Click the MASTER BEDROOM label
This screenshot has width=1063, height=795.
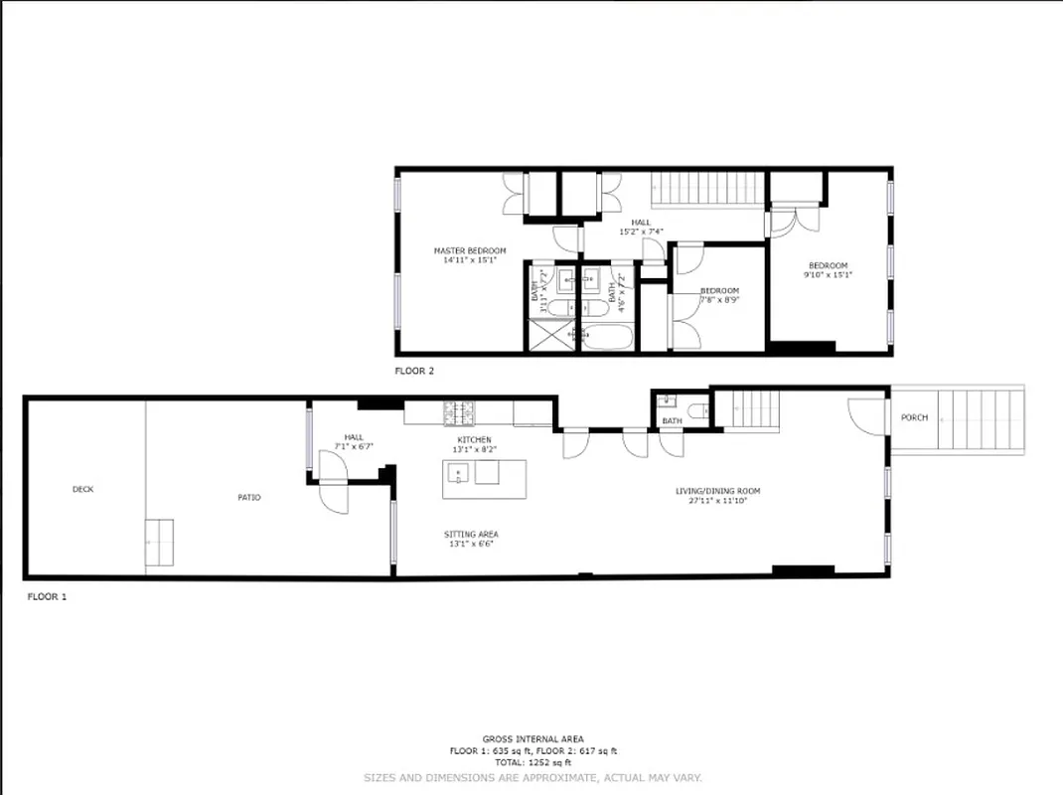pyautogui.click(x=470, y=250)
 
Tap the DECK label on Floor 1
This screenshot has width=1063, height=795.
pyautogui.click(x=82, y=489)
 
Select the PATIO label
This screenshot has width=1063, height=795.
pyautogui.click(x=249, y=497)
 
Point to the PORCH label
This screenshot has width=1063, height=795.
pyautogui.click(x=914, y=417)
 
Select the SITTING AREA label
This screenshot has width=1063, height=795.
pyautogui.click(x=471, y=535)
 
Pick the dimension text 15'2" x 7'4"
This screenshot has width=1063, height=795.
pyautogui.click(x=641, y=232)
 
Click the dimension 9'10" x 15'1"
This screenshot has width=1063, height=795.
pyautogui.click(x=828, y=275)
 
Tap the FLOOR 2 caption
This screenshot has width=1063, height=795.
pyautogui.click(x=414, y=371)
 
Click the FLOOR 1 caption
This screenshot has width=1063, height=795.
pyautogui.click(x=46, y=597)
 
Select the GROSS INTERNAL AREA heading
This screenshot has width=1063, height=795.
pyautogui.click(x=533, y=739)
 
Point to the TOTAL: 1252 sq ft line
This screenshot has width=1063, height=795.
pyautogui.click(x=533, y=762)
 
